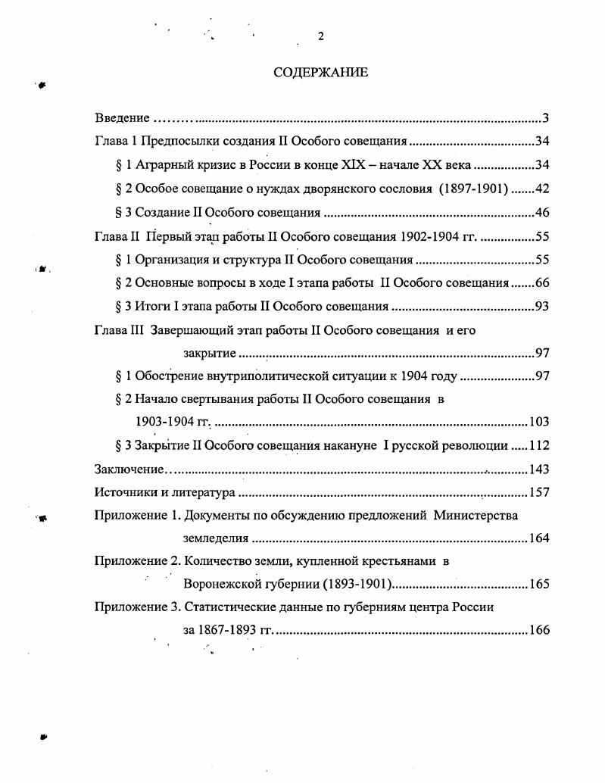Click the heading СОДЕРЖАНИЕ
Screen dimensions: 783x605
tap(320, 73)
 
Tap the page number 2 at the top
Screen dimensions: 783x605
tap(321, 36)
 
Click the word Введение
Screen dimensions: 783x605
tap(122, 118)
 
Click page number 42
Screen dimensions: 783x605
tap(542, 189)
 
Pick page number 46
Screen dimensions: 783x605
tap(542, 213)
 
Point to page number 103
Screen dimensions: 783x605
tap(539, 422)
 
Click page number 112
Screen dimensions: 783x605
tap(539, 445)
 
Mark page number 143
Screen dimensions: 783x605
tap(539, 469)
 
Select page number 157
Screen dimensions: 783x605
tap(539, 493)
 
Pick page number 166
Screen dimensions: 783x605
tap(539, 630)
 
